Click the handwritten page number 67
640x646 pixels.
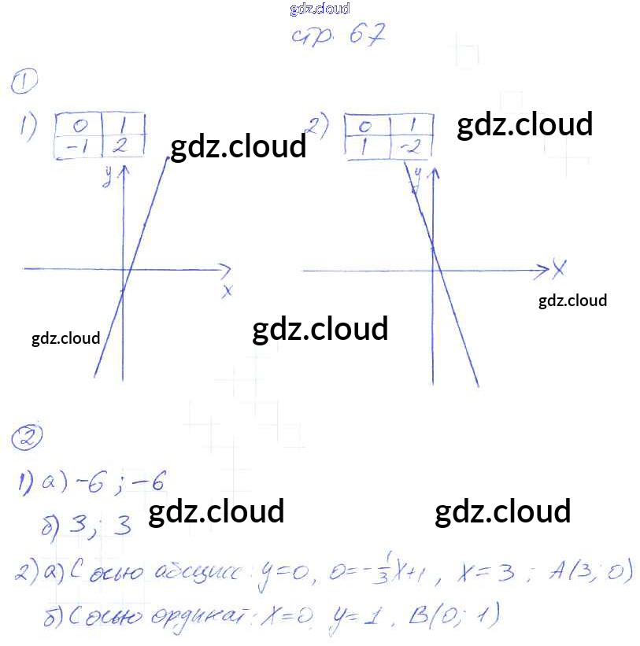tap(364, 36)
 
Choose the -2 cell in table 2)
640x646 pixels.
tap(411, 147)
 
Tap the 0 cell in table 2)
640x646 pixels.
tap(364, 126)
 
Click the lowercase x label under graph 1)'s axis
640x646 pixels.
tap(228, 291)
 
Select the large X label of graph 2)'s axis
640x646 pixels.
tap(559, 269)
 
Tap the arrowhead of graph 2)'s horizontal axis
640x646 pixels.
tap(543, 270)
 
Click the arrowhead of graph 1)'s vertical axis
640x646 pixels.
tap(123, 170)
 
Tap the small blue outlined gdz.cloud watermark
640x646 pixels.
tap(319, 9)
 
